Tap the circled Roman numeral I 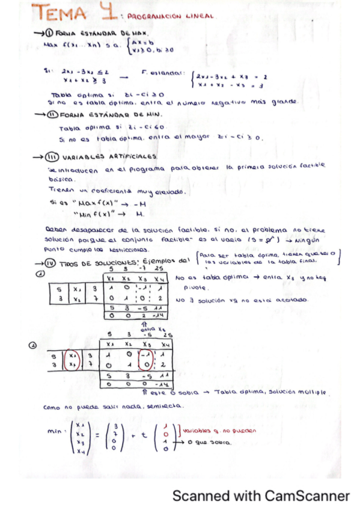[x=49, y=34]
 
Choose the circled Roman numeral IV [x=50, y=262]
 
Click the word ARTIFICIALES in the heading [x=128, y=156]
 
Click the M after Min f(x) [x=140, y=214]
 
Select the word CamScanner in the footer [x=311, y=496]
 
